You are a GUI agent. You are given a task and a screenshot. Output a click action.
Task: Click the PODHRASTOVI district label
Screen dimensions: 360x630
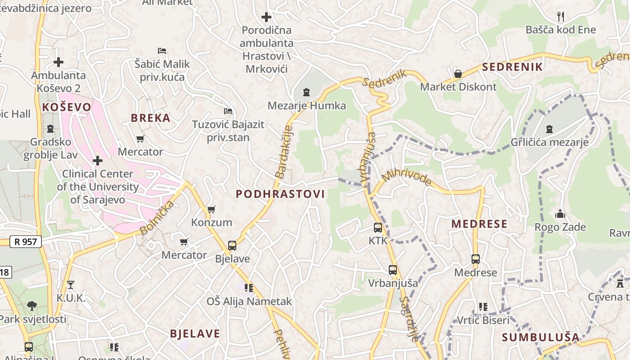pos(280,194)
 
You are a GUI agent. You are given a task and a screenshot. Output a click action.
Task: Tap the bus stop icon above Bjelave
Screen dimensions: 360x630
pos(232,246)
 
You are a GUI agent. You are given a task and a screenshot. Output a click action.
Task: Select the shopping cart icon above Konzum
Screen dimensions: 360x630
pos(211,209)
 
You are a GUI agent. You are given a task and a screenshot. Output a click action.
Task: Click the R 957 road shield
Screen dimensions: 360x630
pos(26,242)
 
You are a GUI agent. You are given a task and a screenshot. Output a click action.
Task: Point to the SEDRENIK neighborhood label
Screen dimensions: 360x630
pos(512,67)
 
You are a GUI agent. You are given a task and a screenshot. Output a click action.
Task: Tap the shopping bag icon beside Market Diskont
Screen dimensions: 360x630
pos(458,74)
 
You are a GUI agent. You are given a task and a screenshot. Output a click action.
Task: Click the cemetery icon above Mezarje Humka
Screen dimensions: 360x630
pos(306,93)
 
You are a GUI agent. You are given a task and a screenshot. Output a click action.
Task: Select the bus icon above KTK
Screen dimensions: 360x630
pos(378,228)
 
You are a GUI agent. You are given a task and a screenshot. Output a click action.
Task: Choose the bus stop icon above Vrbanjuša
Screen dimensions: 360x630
pos(393,270)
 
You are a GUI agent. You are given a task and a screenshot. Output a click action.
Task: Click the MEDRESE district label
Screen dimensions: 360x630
pos(479,224)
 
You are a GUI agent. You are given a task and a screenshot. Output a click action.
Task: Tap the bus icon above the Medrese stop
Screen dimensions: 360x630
pos(476,259)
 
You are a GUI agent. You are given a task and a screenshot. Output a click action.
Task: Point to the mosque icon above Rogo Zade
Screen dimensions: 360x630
pos(560,214)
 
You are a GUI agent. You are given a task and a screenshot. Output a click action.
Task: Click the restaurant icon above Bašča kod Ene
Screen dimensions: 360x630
pos(561,17)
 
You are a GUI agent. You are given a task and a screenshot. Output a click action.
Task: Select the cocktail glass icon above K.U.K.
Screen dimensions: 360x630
pos(71,284)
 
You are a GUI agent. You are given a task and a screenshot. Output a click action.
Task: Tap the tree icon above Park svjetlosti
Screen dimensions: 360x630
pos(32,306)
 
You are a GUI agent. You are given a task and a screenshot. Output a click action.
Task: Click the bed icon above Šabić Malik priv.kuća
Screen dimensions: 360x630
pos(162,51)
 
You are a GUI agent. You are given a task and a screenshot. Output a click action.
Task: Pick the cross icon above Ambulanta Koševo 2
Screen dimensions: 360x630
pos(58,62)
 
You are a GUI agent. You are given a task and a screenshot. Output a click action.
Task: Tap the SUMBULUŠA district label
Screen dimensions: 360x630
pos(540,337)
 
